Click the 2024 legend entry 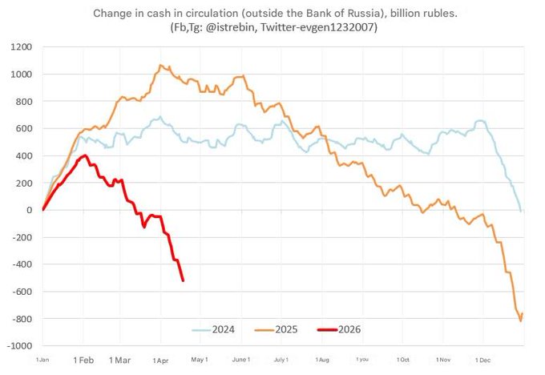pos(217,329)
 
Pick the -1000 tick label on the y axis pos(18,346)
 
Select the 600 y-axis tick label pos(23,128)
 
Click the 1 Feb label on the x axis pos(83,361)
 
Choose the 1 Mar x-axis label pos(120,361)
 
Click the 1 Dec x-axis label pos(484,361)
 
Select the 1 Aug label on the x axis pos(322,361)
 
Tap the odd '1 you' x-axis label pos(362,361)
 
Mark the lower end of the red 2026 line pos(184,280)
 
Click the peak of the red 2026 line pos(85,155)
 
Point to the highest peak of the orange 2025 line pos(161,66)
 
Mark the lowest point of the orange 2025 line pos(521,321)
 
